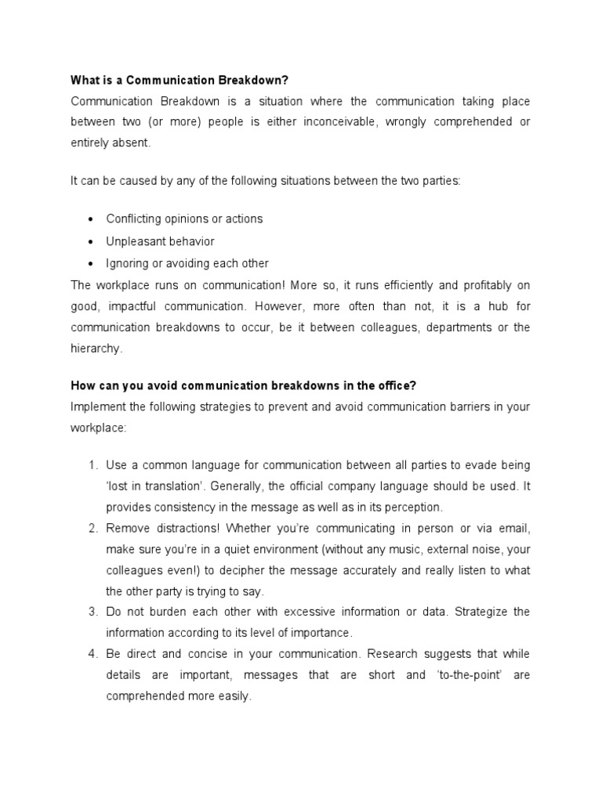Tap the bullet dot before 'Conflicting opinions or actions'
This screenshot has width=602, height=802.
click(91, 219)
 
